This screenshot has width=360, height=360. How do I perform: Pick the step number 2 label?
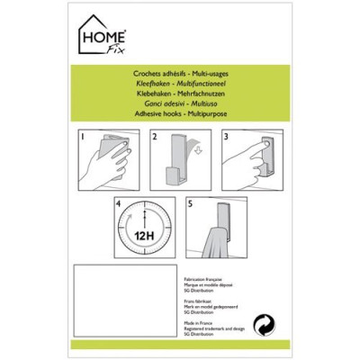[155, 138]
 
